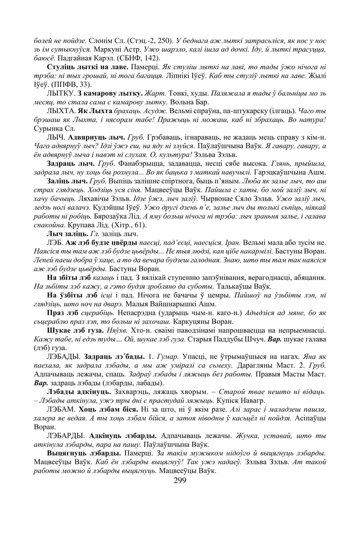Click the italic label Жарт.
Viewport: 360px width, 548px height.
click(141, 93)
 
